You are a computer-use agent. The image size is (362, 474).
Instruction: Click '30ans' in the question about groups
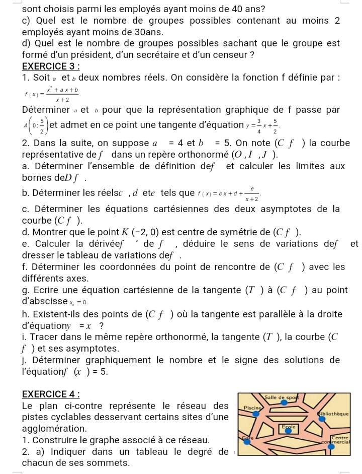coord(138,31)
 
